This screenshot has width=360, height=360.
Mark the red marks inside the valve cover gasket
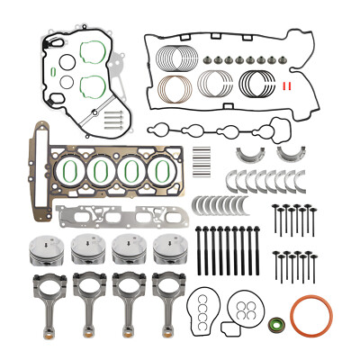tap(286, 86)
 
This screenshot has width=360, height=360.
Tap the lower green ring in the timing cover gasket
tap(92, 85)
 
